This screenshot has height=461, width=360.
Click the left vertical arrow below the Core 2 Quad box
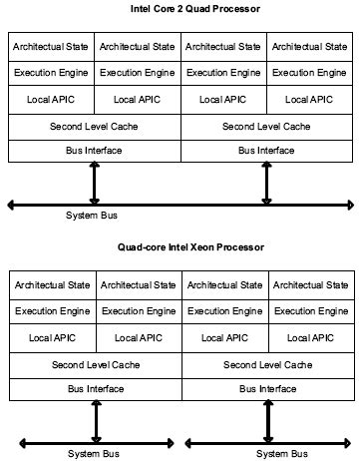point(95,183)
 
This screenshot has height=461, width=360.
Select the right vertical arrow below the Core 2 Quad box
point(267,183)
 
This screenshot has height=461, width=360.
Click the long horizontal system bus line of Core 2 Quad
point(180,204)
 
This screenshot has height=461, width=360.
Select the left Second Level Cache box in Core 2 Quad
point(95,127)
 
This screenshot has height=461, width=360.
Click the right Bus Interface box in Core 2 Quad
point(266,151)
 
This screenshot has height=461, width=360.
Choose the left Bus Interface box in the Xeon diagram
point(96,388)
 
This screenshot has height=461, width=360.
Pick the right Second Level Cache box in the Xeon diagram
point(267,364)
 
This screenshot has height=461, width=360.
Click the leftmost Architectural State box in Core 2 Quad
point(51,46)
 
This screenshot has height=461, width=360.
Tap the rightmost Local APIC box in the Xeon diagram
point(310,338)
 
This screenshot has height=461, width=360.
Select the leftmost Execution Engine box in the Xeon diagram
point(53,311)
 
